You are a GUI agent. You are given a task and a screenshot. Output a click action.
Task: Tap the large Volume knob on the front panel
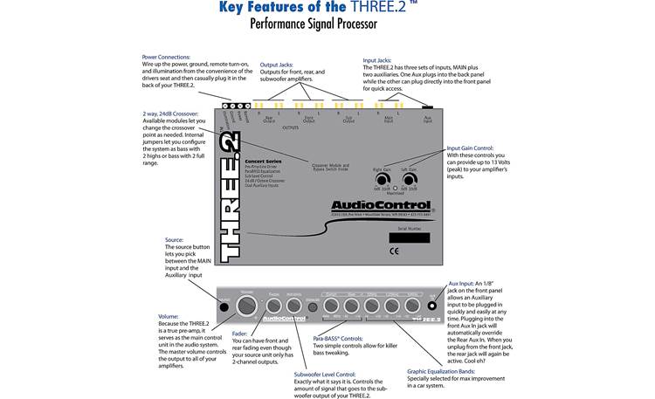point(248,306)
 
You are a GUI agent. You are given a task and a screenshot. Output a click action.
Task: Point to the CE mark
point(394,251)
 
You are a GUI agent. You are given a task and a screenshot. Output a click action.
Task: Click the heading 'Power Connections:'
point(167,58)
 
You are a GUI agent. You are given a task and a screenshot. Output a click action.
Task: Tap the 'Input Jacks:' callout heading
point(383,61)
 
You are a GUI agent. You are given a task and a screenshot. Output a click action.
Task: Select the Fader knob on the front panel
point(273,306)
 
